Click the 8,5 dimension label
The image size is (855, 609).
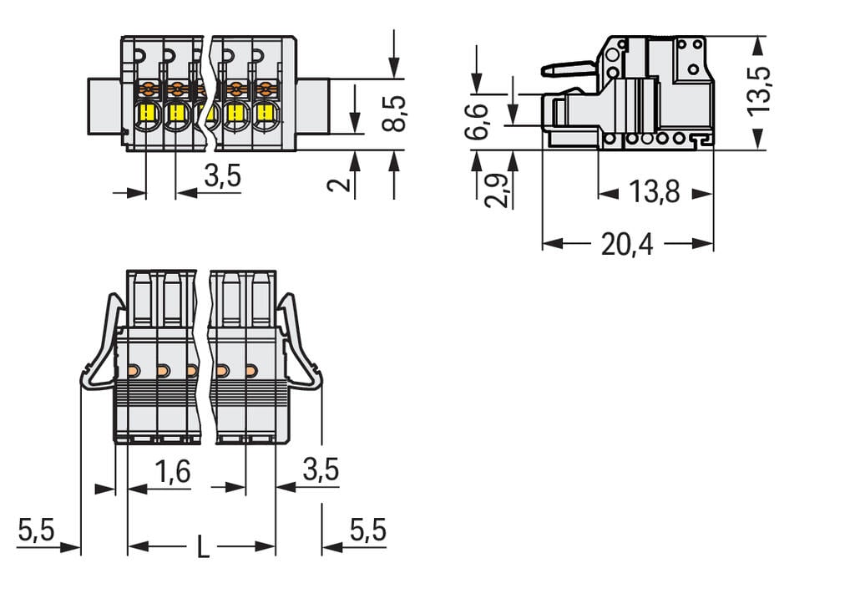click(395, 113)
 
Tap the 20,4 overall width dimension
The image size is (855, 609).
click(628, 244)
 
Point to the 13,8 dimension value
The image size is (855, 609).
click(654, 193)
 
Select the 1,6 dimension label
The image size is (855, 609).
click(173, 472)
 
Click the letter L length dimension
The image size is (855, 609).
click(202, 548)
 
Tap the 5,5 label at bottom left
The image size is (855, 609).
click(36, 530)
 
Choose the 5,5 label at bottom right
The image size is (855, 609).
click(367, 530)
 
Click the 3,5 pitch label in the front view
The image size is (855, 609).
click(222, 175)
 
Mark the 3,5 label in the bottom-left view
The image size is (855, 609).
click(321, 470)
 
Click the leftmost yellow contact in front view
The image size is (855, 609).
click(147, 114)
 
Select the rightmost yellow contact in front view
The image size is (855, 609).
click(265, 114)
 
